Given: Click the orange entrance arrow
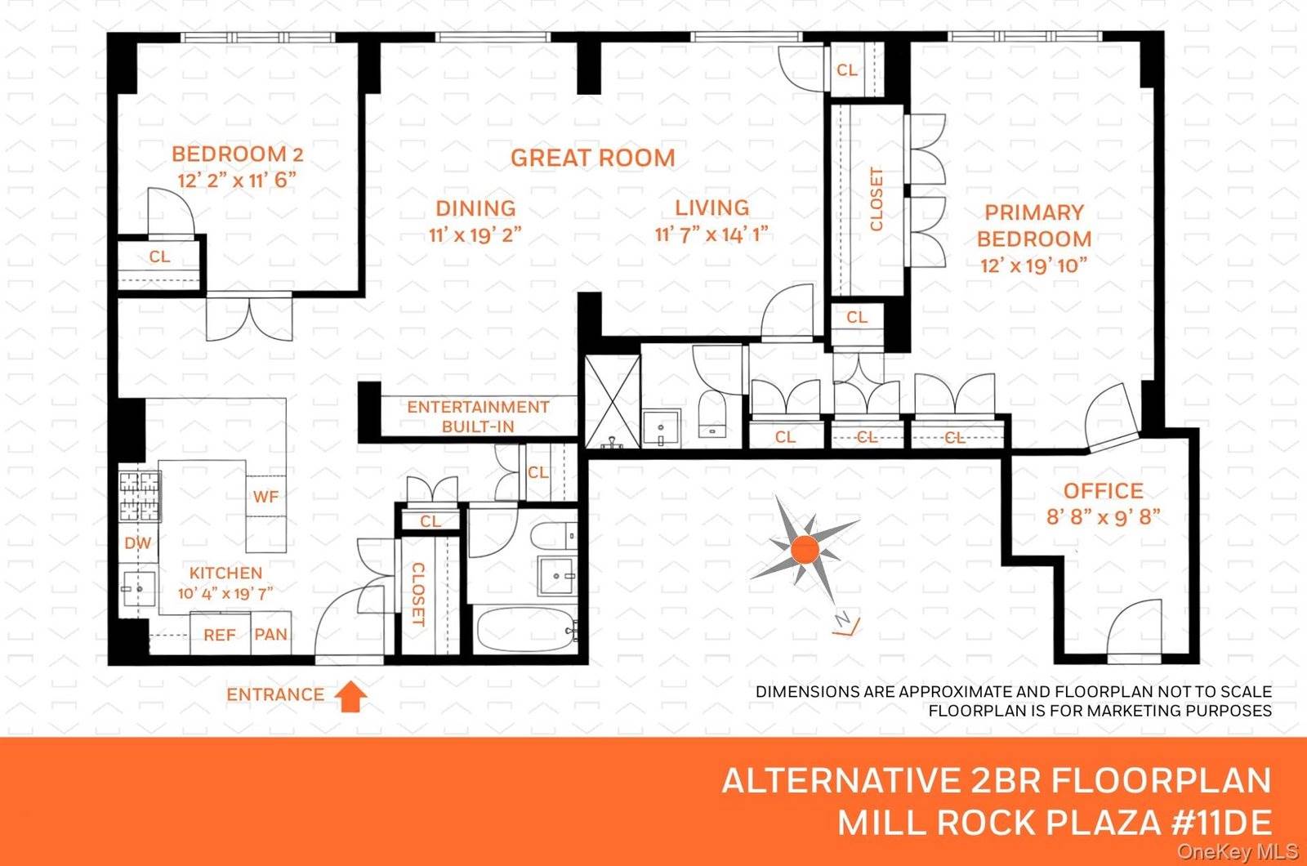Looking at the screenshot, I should [x=351, y=696].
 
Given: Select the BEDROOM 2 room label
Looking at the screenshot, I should [x=237, y=154].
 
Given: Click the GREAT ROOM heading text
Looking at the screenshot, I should [x=593, y=158].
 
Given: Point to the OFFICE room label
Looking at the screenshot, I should [x=1103, y=491].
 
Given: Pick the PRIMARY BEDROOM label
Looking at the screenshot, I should [x=1034, y=225].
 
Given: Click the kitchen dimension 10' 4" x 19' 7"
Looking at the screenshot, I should [x=225, y=594].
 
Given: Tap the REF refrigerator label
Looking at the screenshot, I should [x=220, y=635].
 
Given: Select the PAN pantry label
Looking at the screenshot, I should [x=270, y=635].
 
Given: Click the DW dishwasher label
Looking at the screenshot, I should [x=137, y=543].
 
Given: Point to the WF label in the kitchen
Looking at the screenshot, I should [x=265, y=497].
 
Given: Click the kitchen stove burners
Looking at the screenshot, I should [x=140, y=497].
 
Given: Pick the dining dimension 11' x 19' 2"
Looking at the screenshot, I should [x=475, y=235].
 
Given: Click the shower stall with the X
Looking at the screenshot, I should [x=613, y=402].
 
